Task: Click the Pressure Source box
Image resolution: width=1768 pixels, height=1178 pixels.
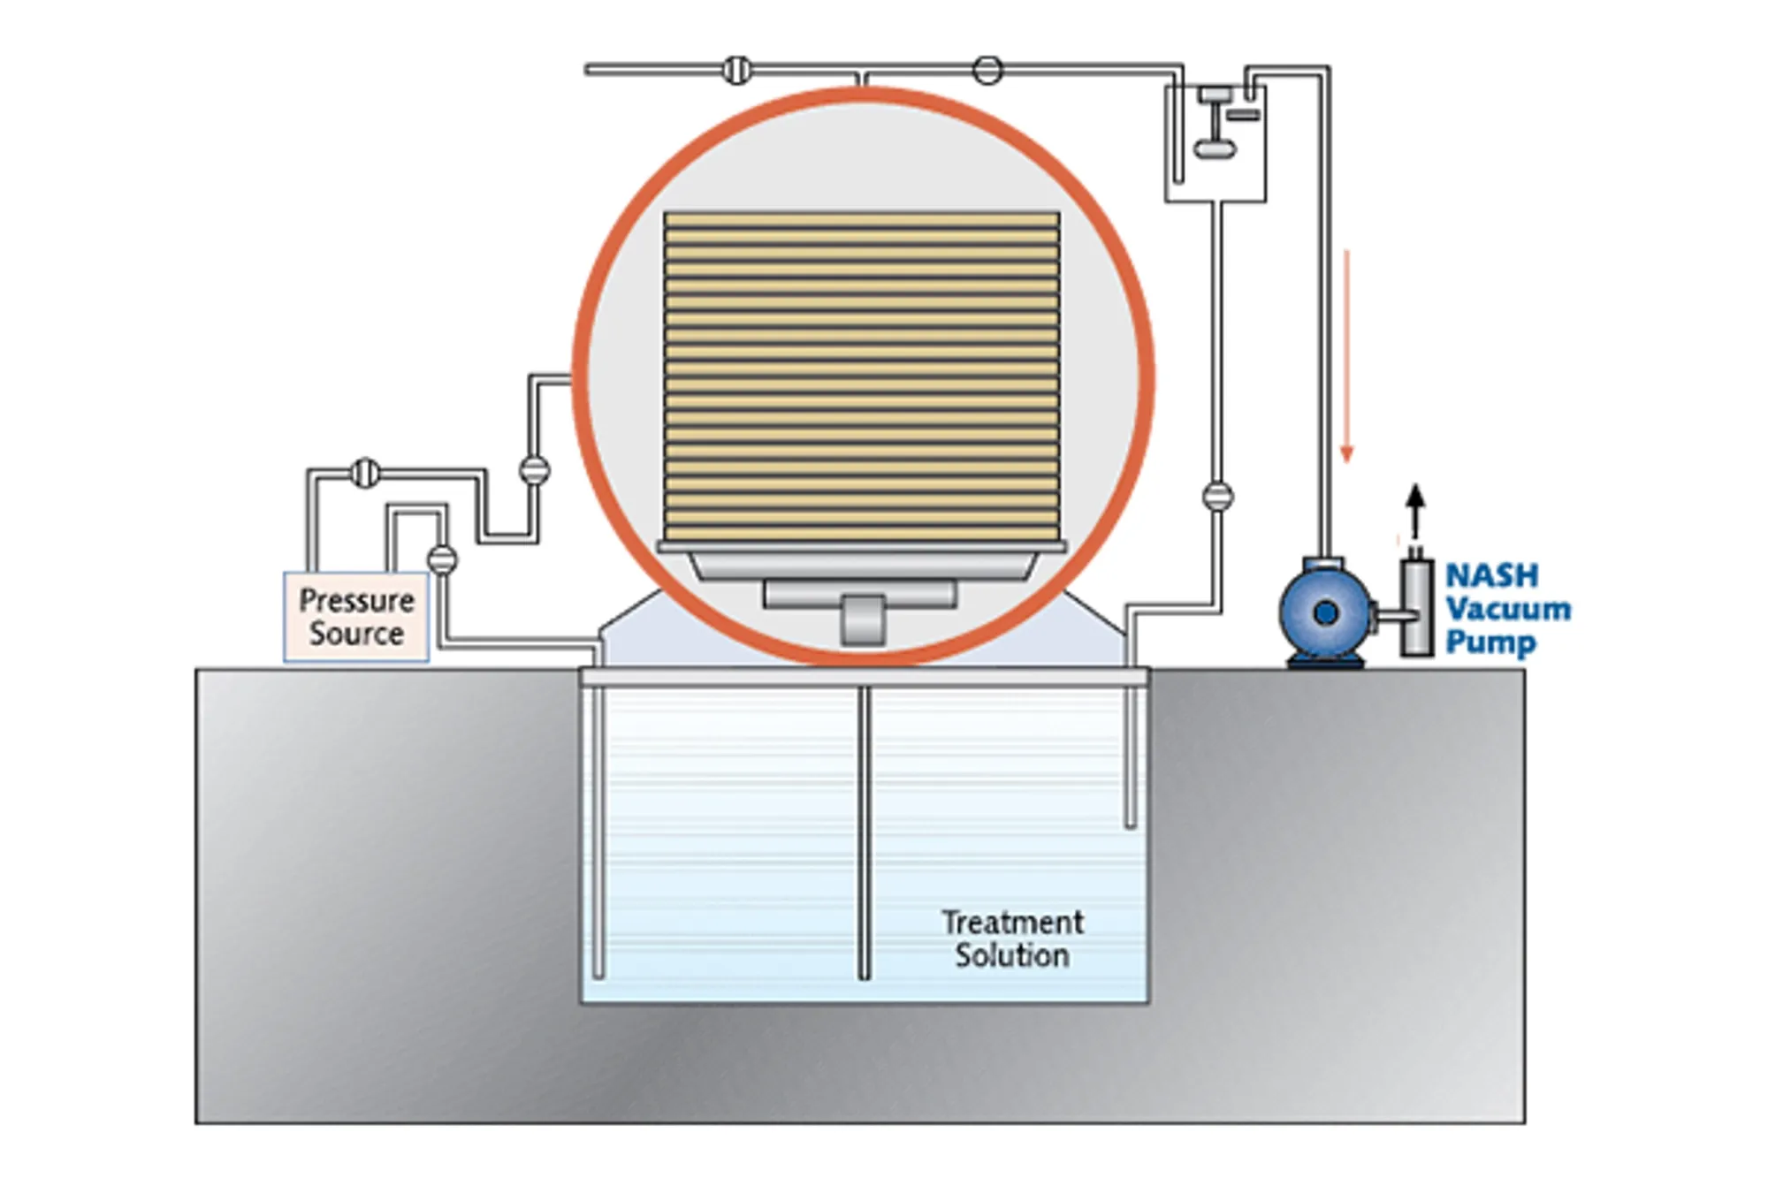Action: pos(356,617)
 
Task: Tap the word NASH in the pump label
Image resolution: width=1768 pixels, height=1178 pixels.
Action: pos(1491,576)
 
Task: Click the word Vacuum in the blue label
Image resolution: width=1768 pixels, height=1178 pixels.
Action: pos(1508,609)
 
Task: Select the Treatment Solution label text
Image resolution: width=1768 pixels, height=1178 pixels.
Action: pos(1012,939)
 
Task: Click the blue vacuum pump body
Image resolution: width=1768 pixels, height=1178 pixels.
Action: pos(1324,612)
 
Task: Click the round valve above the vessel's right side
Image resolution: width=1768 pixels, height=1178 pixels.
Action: pos(987,69)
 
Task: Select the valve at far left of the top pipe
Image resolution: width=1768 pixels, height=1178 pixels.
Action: pos(736,69)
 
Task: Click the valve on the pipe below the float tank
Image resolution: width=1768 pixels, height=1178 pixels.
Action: pos(1217,496)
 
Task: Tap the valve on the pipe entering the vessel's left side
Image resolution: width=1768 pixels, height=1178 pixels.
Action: pos(534,470)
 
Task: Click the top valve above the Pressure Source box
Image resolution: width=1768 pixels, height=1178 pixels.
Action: pos(364,474)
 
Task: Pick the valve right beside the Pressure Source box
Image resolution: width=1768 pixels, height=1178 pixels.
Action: pos(442,559)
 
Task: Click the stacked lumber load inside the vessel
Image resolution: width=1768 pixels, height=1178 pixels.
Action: pos(862,376)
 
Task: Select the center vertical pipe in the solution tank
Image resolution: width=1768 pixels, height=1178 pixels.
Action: pos(864,831)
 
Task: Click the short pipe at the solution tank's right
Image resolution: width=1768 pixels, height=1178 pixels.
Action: pos(1130,751)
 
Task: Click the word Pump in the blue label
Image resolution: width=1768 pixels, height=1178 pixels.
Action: pos(1490,642)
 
